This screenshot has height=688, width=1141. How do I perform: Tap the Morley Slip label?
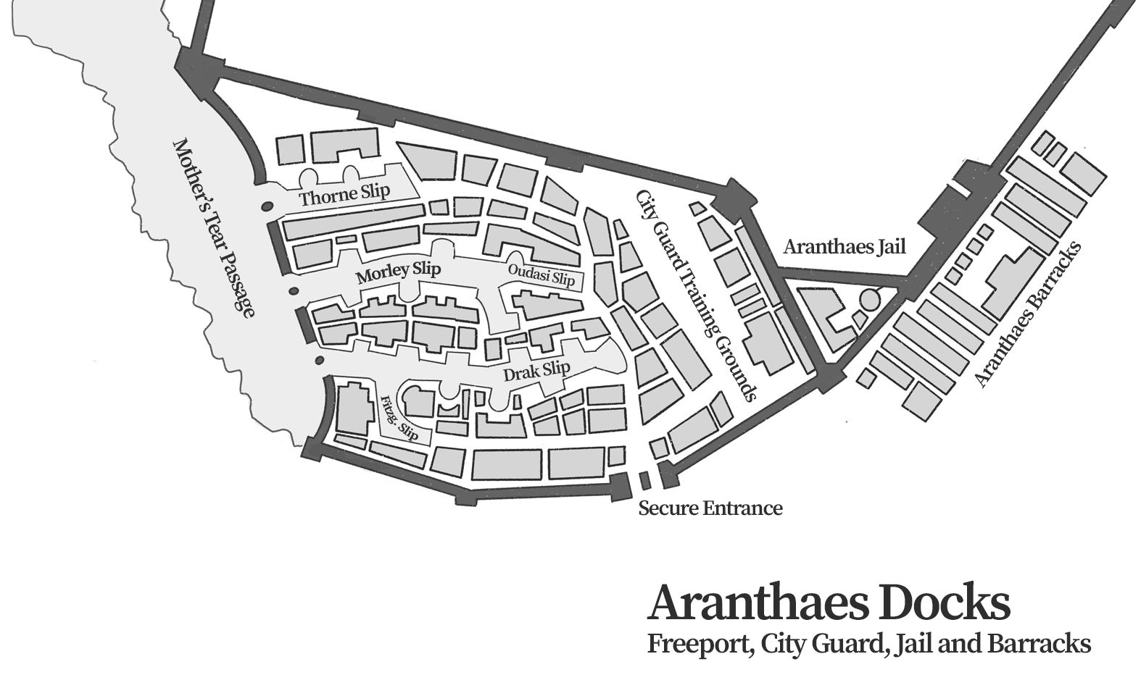point(398,273)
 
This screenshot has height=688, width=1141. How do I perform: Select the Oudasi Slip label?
point(541,275)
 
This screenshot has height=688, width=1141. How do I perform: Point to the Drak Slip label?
point(536,369)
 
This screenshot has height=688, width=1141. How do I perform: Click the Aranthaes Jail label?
point(845,247)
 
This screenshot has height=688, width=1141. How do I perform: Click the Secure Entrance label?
point(710,508)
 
